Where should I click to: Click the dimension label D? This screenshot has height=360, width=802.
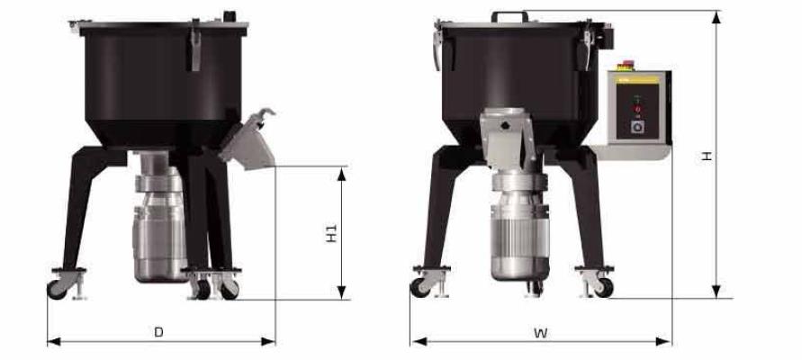[x=159, y=332]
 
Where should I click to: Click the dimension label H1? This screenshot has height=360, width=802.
[x=331, y=233]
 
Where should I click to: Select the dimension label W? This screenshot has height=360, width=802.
[x=541, y=333]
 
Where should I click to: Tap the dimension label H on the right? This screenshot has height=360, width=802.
[x=707, y=156]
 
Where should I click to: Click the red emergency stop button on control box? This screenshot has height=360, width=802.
[x=626, y=65]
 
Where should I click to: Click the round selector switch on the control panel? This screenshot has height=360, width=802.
[x=636, y=126]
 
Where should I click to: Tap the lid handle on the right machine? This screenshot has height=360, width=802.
[x=510, y=16]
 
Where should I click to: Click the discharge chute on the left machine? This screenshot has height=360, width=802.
[x=248, y=140]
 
